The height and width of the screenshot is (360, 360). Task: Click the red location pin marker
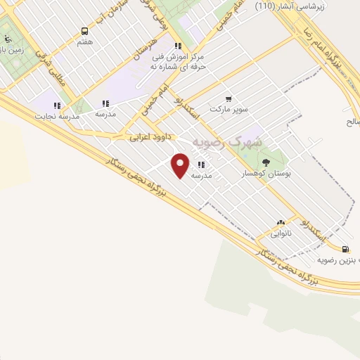tap(181, 165)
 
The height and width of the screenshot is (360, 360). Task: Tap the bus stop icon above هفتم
tap(85, 32)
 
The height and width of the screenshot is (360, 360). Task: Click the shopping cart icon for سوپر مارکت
tap(228, 99)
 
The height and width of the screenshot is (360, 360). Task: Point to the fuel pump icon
tap(344, 249)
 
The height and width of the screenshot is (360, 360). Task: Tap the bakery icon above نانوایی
tap(281, 221)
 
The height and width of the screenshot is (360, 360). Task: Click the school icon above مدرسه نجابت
tap(57, 105)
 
